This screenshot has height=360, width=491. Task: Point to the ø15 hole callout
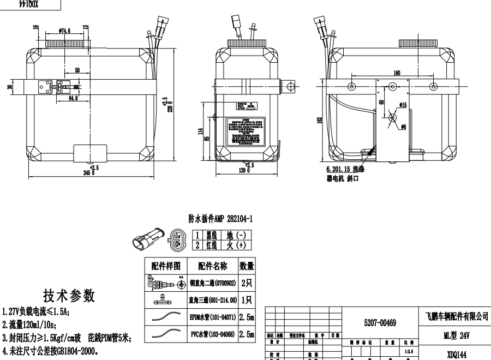[x=404, y=104]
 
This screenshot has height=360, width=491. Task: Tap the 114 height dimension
[x=200, y=131]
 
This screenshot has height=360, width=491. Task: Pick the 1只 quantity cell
[x=246, y=301]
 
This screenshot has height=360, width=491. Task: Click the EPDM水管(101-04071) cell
[x=212, y=316]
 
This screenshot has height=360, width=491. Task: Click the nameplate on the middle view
[x=247, y=130]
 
